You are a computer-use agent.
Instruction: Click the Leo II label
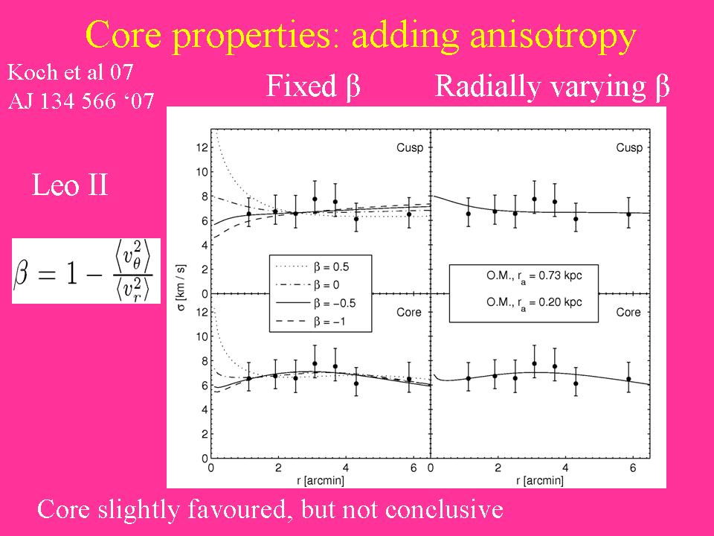tap(70, 185)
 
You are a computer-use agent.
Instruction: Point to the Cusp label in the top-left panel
tap(409, 148)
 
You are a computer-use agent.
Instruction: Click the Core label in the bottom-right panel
tap(628, 313)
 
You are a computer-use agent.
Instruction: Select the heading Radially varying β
tap(553, 87)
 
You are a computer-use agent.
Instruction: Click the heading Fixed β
tap(313, 87)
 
